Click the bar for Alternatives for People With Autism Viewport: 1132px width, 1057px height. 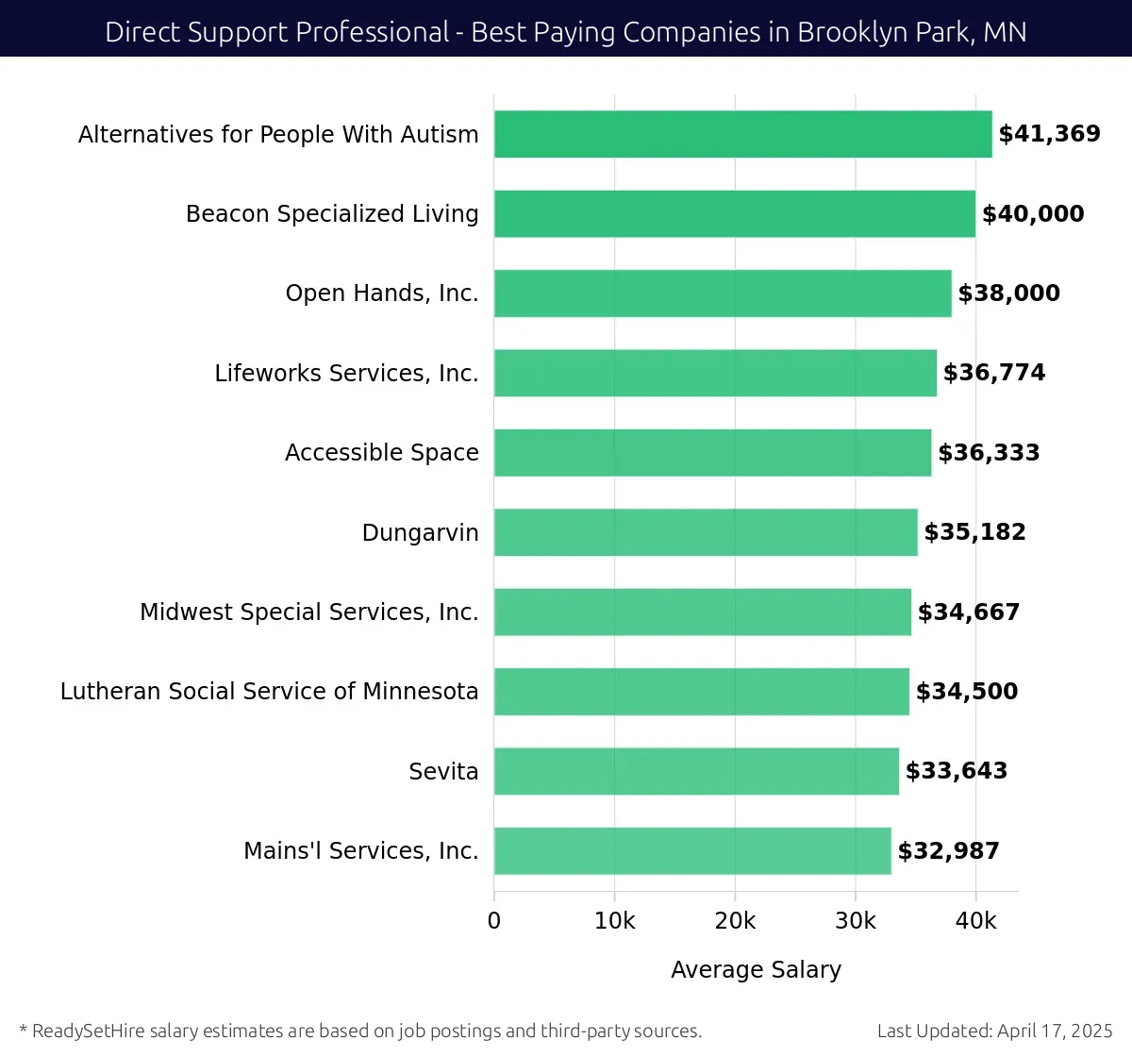pyautogui.click(x=742, y=134)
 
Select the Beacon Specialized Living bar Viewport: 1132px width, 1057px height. pyautogui.click(x=734, y=213)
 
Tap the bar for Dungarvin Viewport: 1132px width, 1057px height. pyautogui.click(x=706, y=532)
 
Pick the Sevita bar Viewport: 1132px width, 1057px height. pyautogui.click(x=696, y=771)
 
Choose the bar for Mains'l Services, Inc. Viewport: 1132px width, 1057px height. pyautogui.click(x=692, y=850)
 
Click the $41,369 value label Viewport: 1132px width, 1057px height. pyautogui.click(x=1049, y=134)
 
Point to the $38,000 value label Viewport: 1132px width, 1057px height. pyautogui.click(x=1008, y=294)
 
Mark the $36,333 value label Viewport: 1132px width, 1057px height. pyautogui.click(x=989, y=453)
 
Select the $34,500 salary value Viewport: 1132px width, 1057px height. pyautogui.click(x=967, y=692)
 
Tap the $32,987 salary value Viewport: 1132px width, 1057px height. pyautogui.click(x=948, y=851)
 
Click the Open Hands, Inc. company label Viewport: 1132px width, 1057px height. pyautogui.click(x=382, y=294)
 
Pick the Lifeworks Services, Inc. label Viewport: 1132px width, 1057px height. pyautogui.click(x=346, y=374)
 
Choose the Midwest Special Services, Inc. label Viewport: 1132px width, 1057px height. pyautogui.click(x=308, y=612)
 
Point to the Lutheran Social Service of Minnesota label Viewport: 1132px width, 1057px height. pyautogui.click(x=269, y=692)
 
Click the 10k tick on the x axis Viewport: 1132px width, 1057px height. pyautogui.click(x=614, y=921)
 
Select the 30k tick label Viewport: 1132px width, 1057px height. pyautogui.click(x=855, y=921)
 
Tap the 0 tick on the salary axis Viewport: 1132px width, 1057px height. pyautogui.click(x=494, y=921)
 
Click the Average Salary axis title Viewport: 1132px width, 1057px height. pyautogui.click(x=756, y=970)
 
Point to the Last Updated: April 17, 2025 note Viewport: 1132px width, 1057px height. pyautogui.click(x=994, y=1031)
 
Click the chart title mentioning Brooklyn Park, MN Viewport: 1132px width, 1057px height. pyautogui.click(x=566, y=32)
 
